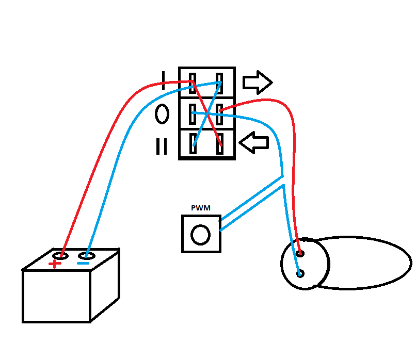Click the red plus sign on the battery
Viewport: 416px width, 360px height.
pyautogui.click(x=54, y=265)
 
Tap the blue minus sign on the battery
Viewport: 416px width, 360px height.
pyautogui.click(x=83, y=265)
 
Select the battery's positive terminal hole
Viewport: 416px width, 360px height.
pyautogui.click(x=61, y=255)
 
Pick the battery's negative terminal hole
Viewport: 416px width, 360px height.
pyautogui.click(x=87, y=255)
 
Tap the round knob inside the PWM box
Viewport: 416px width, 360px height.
pyautogui.click(x=200, y=235)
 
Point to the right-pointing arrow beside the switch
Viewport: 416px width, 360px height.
pyautogui.click(x=257, y=81)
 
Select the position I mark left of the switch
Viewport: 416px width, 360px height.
pyautogui.click(x=163, y=81)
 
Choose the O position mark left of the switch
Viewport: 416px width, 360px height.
pyautogui.click(x=162, y=114)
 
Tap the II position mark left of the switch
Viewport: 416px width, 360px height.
pyautogui.click(x=162, y=146)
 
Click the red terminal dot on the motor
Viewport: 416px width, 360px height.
pyautogui.click(x=300, y=253)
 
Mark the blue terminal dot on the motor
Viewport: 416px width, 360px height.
pyautogui.click(x=300, y=273)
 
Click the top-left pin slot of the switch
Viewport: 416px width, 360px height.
pyautogui.click(x=192, y=83)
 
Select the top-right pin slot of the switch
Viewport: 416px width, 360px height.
pyautogui.click(x=219, y=83)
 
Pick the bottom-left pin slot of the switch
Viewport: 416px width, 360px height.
pyautogui.click(x=193, y=142)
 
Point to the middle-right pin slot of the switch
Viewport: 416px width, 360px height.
pyautogui.click(x=220, y=114)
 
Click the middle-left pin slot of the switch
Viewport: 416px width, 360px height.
pyautogui.click(x=192, y=114)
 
